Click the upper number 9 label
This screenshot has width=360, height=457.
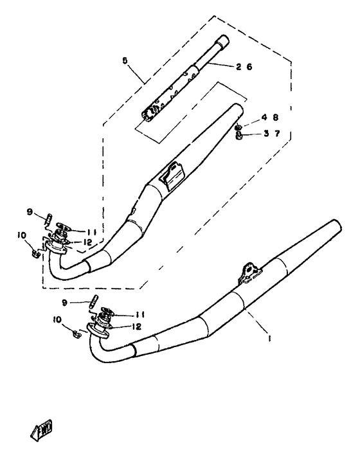pyautogui.click(x=30, y=211)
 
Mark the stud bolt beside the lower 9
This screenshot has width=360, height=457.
pyautogui.click(x=93, y=300)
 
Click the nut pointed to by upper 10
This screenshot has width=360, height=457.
pyautogui.click(x=37, y=251)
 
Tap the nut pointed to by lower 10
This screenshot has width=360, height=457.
pyautogui.click(x=76, y=333)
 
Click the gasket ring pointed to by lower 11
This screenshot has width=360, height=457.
pyautogui.click(x=105, y=312)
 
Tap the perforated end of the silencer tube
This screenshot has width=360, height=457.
pyautogui.click(x=150, y=116)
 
